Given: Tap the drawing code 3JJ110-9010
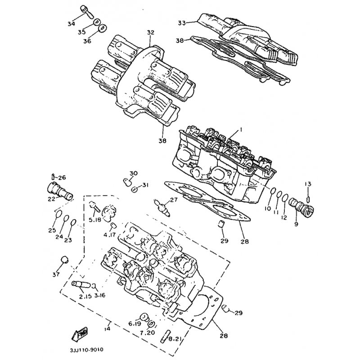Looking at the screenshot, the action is click(86, 350).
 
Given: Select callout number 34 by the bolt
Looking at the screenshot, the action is click(71, 24).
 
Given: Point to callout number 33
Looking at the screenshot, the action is click(182, 23).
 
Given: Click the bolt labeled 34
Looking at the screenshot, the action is click(86, 12).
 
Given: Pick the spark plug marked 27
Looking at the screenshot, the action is click(162, 207).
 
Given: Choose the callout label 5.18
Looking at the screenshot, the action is click(95, 220).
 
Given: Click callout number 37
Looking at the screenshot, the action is click(56, 274).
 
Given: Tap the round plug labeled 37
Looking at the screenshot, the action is click(64, 260).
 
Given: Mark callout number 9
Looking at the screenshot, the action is click(296, 224).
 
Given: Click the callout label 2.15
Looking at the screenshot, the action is click(85, 297).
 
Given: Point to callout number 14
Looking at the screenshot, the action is click(107, 328).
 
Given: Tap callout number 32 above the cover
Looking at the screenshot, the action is click(151, 32).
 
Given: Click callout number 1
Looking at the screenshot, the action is click(241, 130).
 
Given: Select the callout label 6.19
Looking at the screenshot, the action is click(134, 324).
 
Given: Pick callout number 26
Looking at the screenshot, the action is click(62, 177).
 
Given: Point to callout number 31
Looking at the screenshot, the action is click(145, 185).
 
